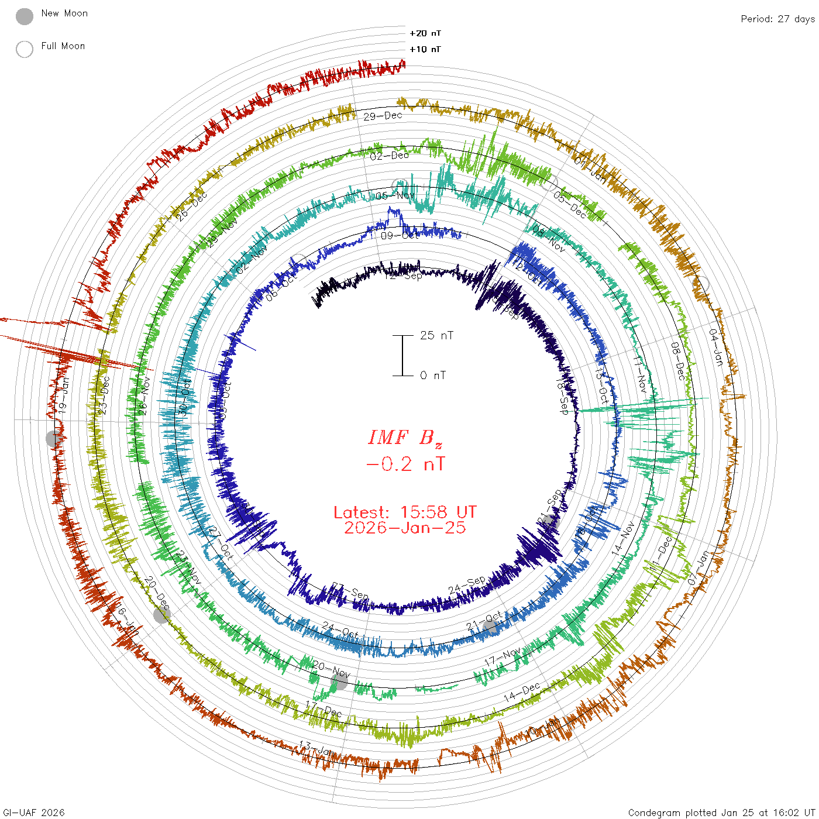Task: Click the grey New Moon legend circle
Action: click(25, 17)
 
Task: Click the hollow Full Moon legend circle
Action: click(25, 50)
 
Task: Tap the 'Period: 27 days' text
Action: click(777, 19)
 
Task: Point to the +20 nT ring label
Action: click(425, 33)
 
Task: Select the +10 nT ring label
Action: click(425, 49)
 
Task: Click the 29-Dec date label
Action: click(383, 116)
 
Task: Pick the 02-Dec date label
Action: click(389, 156)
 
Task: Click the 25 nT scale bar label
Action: click(436, 336)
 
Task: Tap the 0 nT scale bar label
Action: click(433, 376)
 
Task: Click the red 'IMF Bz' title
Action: click(405, 438)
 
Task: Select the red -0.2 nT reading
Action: click(405, 464)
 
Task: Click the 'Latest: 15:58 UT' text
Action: click(405, 512)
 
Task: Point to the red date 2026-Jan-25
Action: click(405, 528)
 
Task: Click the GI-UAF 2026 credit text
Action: click(34, 813)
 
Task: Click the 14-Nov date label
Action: click(623, 538)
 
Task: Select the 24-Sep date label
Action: click(467, 584)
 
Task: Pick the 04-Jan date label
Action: click(715, 347)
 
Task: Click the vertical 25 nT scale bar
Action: click(402, 356)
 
